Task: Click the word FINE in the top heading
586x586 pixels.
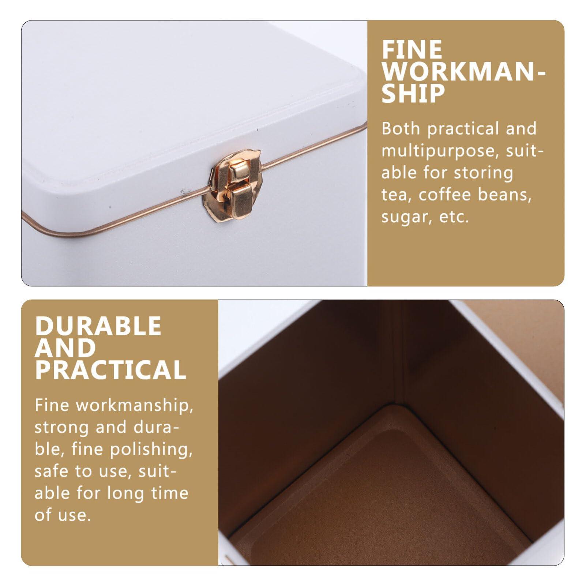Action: click(412, 50)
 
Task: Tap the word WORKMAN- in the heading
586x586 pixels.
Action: click(463, 72)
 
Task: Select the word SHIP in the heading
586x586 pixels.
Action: click(413, 94)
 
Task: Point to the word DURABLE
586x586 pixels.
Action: click(98, 326)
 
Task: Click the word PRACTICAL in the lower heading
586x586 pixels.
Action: click(110, 370)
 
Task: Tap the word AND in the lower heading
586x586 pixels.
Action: click(65, 348)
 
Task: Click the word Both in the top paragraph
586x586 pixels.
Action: click(401, 129)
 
